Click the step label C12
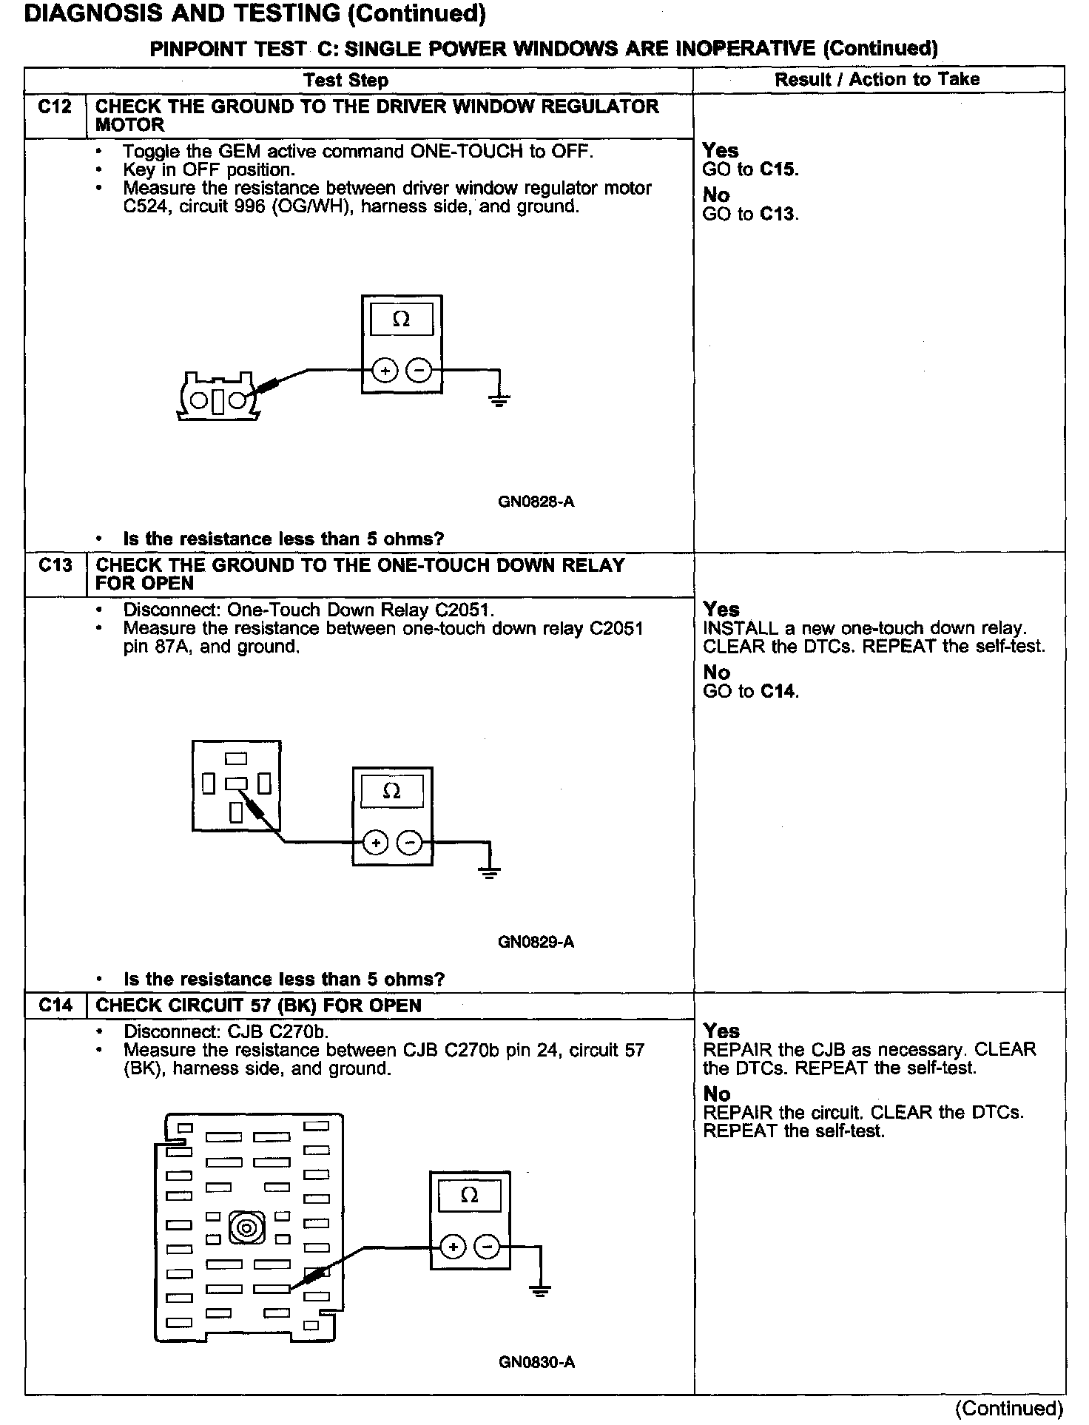[55, 107]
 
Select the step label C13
[55, 566]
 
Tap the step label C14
[55, 1005]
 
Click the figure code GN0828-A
[536, 502]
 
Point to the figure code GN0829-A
[536, 943]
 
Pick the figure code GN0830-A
[536, 1362]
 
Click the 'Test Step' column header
[345, 80]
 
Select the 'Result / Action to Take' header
[877, 79]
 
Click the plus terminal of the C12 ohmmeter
[385, 370]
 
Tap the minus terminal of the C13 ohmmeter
[409, 843]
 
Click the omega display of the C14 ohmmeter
[469, 1196]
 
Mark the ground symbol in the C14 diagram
[541, 1291]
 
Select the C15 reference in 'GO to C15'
[778, 169]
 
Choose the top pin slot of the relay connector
[236, 758]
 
